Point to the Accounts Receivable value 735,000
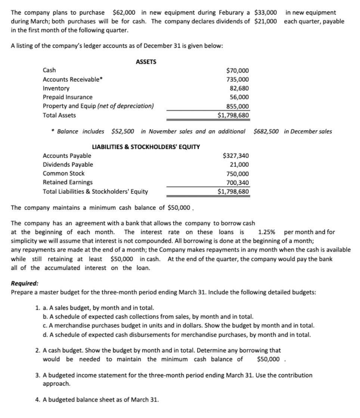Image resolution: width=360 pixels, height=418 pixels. coord(238,79)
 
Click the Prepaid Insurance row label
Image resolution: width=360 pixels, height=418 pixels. coord(68,97)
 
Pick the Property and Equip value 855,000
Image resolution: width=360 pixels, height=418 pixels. coord(238,106)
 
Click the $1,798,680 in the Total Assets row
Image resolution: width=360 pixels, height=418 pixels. coord(233,115)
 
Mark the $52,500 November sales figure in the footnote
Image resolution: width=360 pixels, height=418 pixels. coord(123,131)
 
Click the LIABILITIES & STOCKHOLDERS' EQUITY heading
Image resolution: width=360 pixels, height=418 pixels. coord(146,147)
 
